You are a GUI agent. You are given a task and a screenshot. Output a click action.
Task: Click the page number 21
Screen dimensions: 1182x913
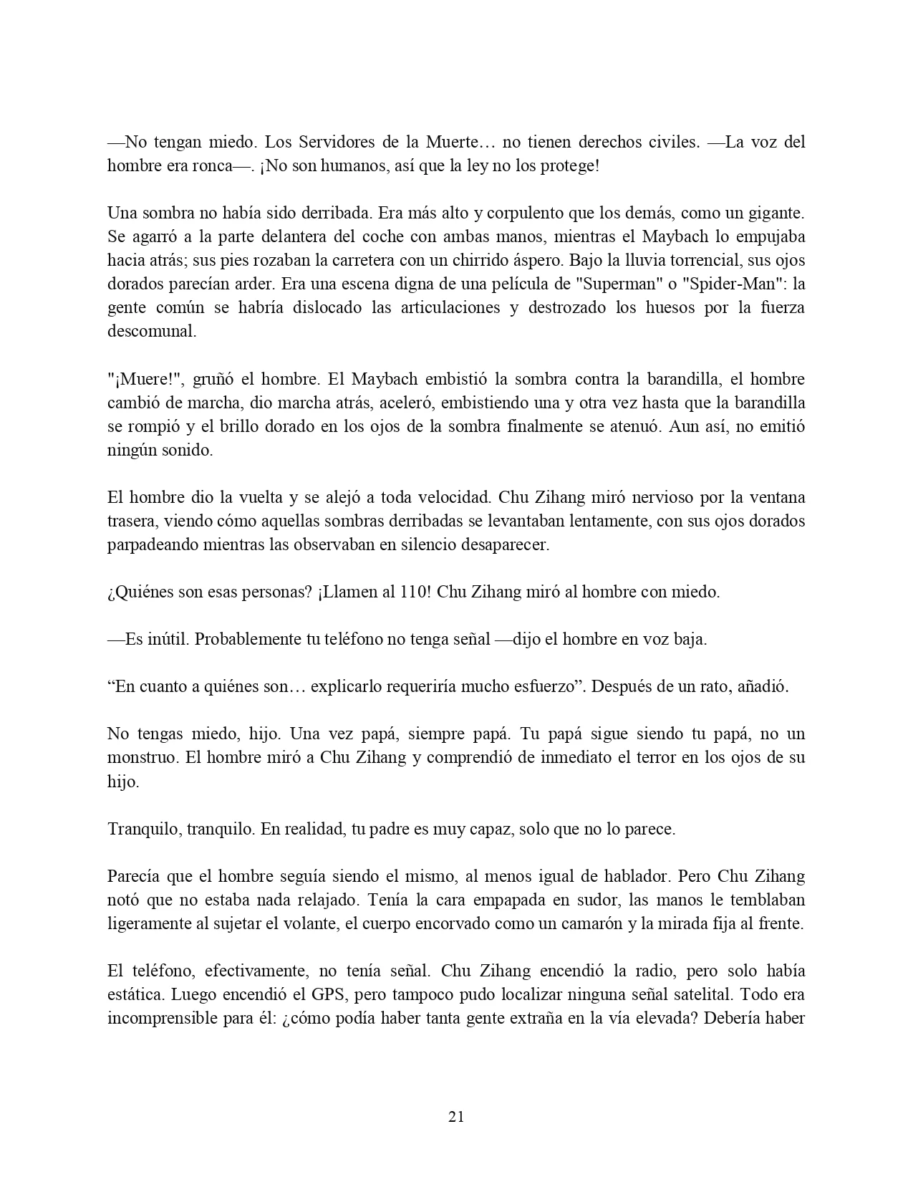pos(456,1116)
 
